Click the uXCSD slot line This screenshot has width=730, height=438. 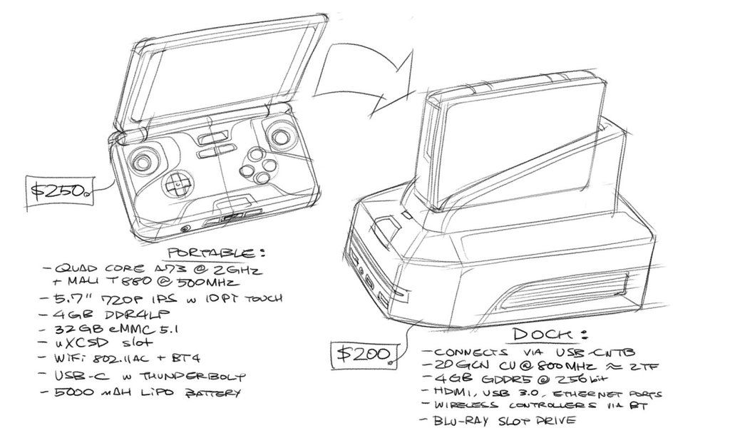(100, 345)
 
